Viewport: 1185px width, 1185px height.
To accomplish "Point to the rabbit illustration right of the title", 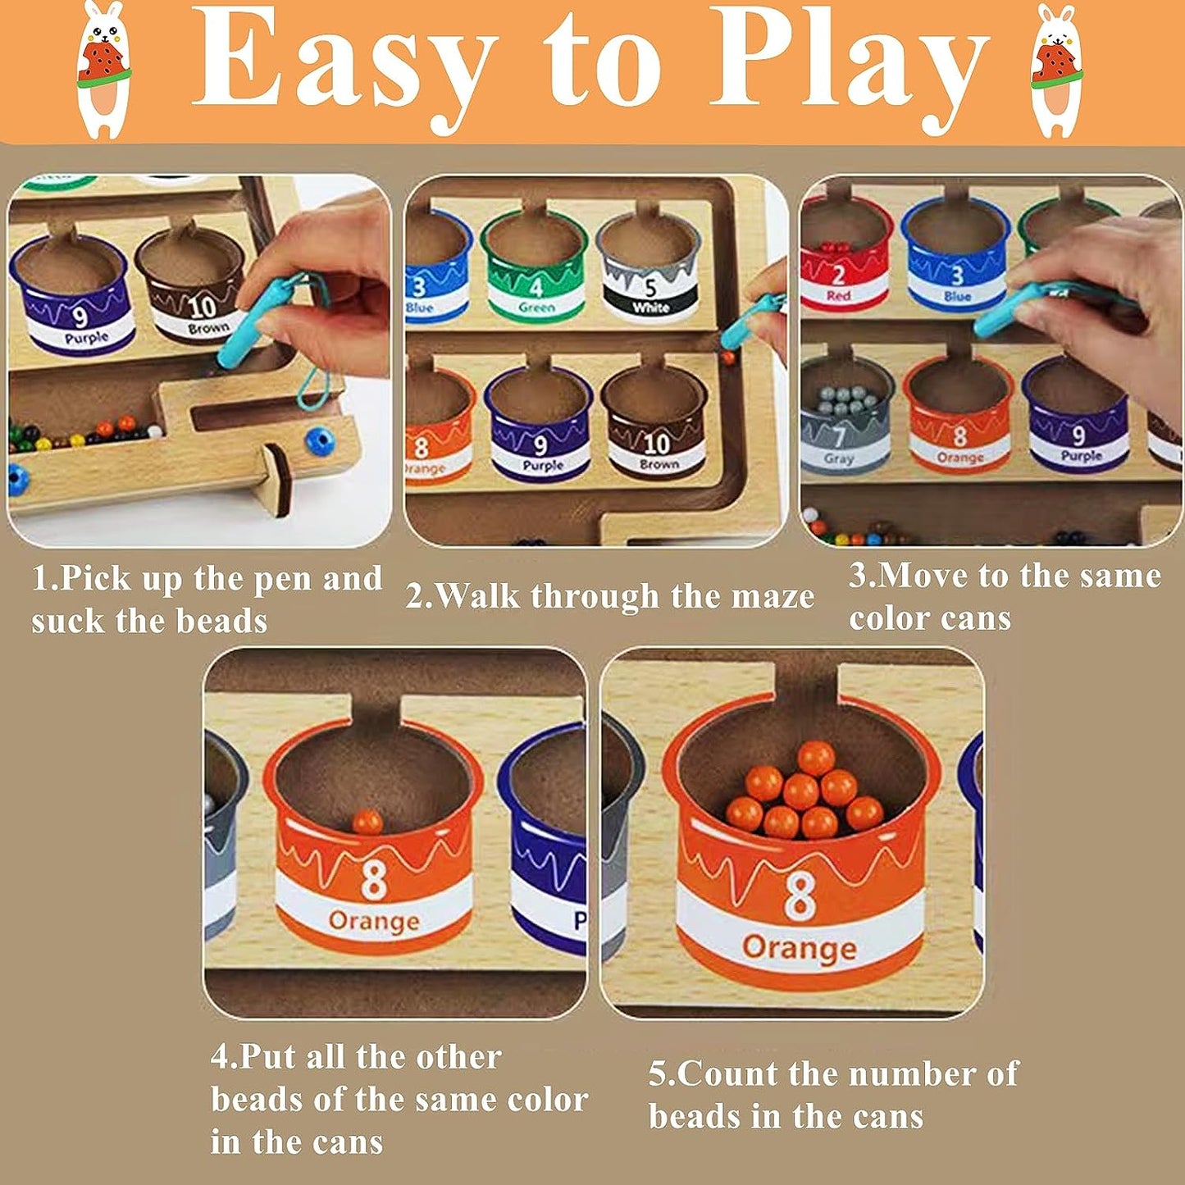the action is coord(1059,69).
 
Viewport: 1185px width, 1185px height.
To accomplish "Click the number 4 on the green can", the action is coord(537,286).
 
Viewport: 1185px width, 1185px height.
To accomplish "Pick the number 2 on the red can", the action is coord(837,275).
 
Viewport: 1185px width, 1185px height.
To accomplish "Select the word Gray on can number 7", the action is coord(839,458).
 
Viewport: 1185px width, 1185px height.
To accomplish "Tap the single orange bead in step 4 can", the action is coord(367,822).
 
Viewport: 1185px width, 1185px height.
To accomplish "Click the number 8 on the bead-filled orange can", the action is coord(800,899).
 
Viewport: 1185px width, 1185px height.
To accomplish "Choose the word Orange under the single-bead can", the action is coord(374,921).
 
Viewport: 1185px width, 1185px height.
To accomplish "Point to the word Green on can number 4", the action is coord(537,306).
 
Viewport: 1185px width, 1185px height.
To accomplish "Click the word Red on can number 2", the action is coord(838,295).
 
